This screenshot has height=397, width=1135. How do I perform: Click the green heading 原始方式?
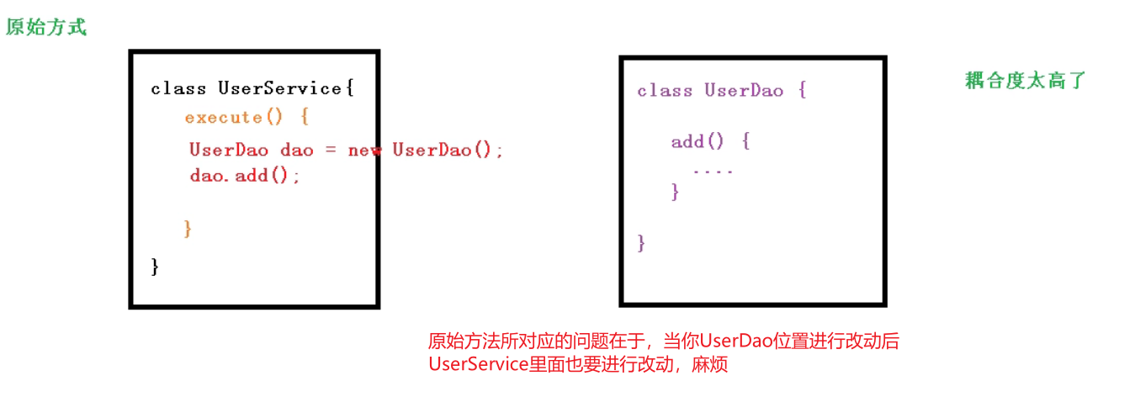coord(46,27)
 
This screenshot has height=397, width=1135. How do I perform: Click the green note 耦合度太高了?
coord(1026,81)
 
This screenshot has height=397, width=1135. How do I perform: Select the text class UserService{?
coord(252,87)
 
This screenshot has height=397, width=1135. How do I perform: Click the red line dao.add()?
coord(244,175)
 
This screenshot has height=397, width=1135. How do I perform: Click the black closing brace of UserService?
coord(155,267)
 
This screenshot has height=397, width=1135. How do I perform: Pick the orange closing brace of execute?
coord(188,228)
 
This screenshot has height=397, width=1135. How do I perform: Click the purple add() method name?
coord(697,141)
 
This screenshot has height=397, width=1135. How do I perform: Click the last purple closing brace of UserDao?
coord(641,243)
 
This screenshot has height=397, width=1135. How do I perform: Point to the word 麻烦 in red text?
coord(710,365)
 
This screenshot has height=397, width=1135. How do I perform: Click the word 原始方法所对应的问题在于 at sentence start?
coord(535,341)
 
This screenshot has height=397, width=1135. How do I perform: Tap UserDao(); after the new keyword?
coord(448,150)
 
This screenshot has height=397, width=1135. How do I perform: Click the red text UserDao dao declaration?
coord(251,150)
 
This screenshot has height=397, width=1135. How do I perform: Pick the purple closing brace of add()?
coord(675,193)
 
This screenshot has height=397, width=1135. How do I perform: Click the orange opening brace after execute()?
coord(304,117)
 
